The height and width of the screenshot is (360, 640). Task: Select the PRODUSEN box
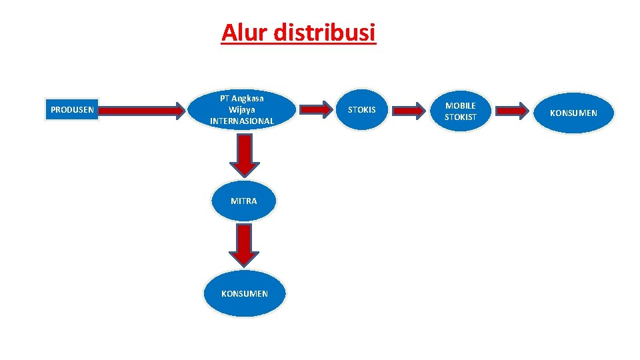[72, 109]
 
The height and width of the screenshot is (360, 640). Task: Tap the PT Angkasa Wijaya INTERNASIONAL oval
[242, 109]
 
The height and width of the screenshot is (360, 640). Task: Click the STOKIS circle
[362, 109]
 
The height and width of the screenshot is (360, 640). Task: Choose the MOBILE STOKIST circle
[461, 111]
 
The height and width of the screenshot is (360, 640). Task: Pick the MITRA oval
[243, 201]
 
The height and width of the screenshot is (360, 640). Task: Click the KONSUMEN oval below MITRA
[245, 293]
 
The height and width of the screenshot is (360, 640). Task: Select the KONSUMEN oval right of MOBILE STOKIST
[573, 113]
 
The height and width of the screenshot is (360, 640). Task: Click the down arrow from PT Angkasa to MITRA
[245, 155]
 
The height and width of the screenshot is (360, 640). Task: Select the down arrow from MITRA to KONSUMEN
[245, 245]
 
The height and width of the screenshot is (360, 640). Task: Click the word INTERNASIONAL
[242, 121]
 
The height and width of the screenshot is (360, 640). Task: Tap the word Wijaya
[242, 109]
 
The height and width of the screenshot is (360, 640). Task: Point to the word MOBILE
[461, 105]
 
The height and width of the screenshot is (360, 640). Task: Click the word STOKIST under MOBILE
[461, 117]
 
